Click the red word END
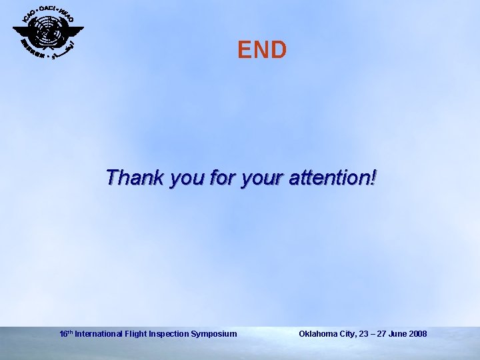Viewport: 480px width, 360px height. pos(262,50)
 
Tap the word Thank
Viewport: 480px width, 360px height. pos(135,178)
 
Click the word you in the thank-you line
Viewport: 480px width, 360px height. pos(187,179)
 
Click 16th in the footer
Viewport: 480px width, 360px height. pos(66,333)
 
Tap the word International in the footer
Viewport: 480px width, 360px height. pos(98,333)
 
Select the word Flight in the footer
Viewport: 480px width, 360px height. pos(135,333)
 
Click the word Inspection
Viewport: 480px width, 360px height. pos(170,333)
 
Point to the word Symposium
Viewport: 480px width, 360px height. pos(215,333)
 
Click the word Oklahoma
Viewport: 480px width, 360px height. pos(319,333)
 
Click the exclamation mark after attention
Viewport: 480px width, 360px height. pos(373,178)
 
